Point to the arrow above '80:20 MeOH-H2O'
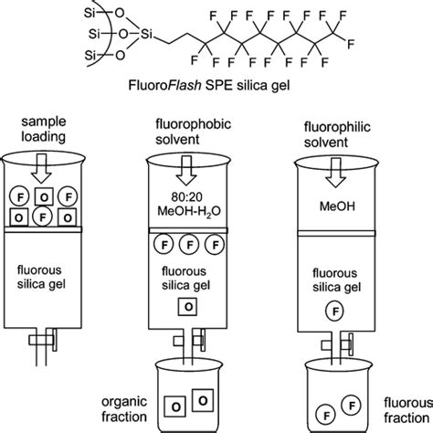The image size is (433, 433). click(187, 171)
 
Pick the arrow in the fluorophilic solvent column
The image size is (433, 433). click(333, 171)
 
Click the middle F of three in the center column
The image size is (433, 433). click(188, 244)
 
